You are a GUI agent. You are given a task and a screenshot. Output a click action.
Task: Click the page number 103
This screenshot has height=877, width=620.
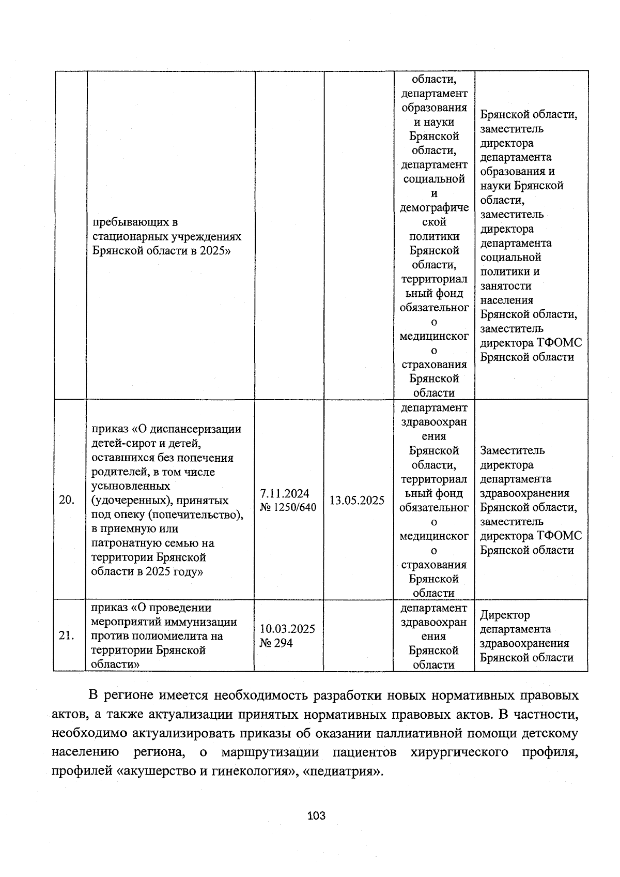[x=316, y=816]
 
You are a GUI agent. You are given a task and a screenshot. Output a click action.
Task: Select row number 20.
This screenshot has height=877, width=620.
[x=67, y=500]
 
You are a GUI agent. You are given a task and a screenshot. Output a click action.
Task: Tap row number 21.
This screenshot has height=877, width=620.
[x=67, y=636]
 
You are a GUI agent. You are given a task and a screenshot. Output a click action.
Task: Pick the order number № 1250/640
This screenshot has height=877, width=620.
[x=288, y=507]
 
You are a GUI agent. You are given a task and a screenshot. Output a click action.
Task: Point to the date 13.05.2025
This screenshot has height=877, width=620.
[x=357, y=500]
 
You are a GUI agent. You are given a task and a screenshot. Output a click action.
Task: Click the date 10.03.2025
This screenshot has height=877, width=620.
[x=287, y=629]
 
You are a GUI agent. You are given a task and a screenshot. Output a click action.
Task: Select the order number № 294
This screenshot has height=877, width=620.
[x=276, y=643]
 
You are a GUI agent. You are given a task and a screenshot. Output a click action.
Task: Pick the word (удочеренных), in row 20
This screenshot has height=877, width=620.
[x=131, y=501]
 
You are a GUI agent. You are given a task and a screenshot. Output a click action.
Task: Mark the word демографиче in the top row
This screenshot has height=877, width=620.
[x=434, y=207]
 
